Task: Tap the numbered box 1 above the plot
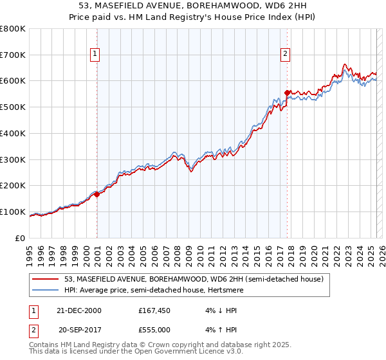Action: coord(95,54)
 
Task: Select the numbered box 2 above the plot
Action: coord(284,54)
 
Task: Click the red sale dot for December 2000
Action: coord(97,194)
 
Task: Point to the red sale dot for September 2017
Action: coord(288,93)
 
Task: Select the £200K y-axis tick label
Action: coord(14,185)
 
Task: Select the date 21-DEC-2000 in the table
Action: coord(80,310)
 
